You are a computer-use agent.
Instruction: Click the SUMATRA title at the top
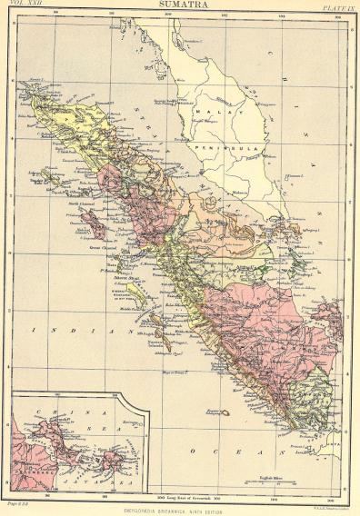(x=183, y=5)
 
